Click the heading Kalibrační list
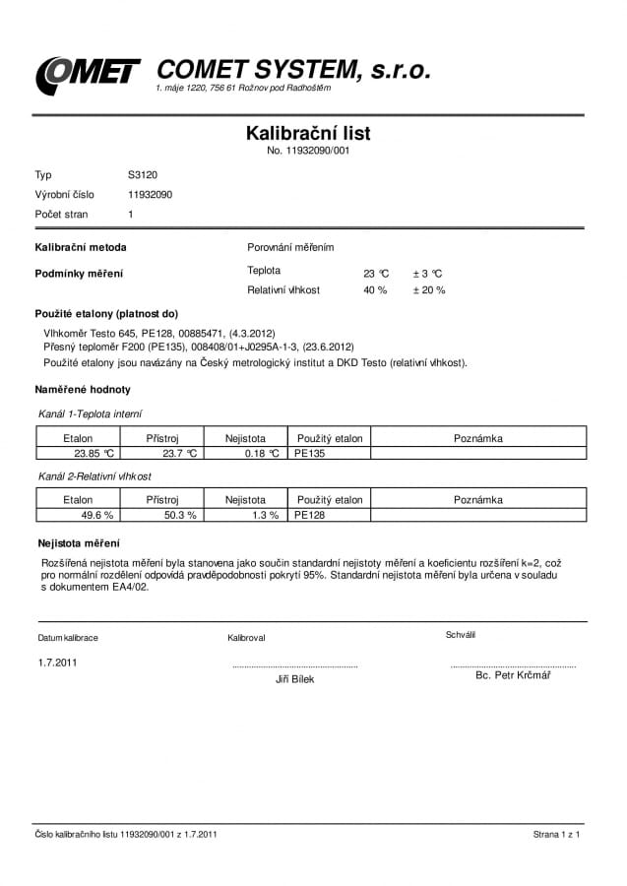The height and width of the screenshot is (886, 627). pos(307,133)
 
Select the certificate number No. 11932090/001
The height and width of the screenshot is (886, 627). pos(308,151)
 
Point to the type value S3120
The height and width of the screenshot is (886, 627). pos(142,174)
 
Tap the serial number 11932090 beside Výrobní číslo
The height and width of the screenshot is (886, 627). pos(150,194)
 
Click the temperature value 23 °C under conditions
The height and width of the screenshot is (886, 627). pos(376,273)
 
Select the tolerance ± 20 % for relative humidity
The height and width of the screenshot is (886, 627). pos(428,290)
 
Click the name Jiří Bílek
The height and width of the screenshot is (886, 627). pos(295,679)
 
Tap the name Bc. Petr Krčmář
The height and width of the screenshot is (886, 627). pos(513,675)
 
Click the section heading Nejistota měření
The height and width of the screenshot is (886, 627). pos(79,542)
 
